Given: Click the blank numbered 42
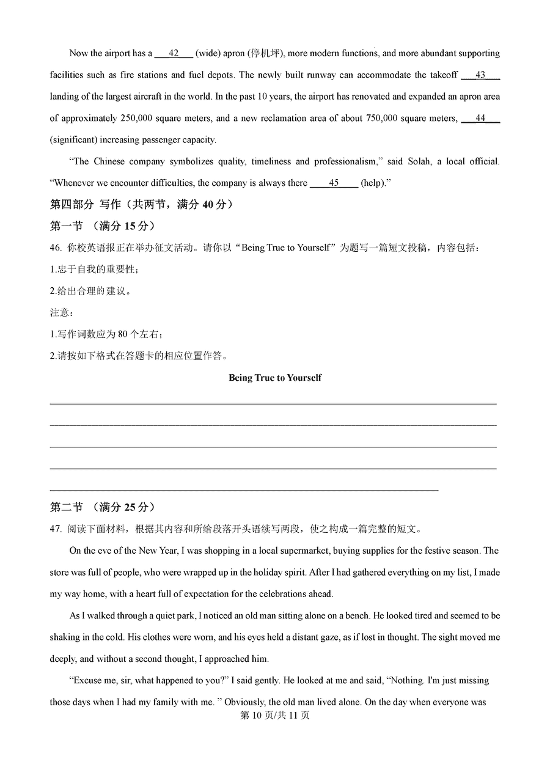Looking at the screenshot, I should click(x=174, y=53).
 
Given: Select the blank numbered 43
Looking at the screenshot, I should click(x=480, y=75).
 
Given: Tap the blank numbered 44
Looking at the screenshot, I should click(x=480, y=118).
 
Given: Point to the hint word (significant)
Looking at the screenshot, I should click(x=76, y=140).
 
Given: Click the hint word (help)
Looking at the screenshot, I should click(x=373, y=183).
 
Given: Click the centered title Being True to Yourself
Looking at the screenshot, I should click(x=275, y=378).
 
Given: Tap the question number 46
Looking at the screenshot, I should click(x=56, y=248).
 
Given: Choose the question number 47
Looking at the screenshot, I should click(x=56, y=529).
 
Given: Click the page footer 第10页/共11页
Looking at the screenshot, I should click(x=275, y=715).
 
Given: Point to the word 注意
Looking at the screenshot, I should click(x=59, y=312).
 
